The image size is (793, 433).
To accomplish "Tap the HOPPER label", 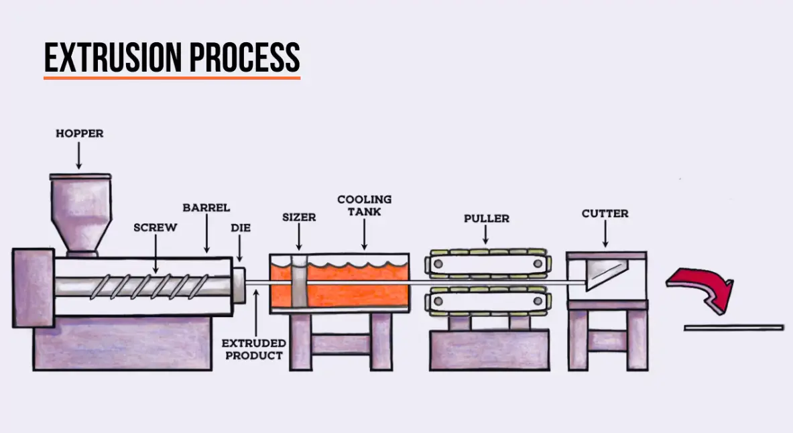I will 79,133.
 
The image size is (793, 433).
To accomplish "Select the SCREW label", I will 156,227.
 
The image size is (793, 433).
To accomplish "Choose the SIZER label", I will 299,217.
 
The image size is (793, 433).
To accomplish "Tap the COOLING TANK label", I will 364,205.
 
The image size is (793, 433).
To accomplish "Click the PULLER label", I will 487,219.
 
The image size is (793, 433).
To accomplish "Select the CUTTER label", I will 605,214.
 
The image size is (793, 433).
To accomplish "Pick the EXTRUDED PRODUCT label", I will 254,349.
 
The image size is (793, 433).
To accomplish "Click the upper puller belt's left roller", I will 438,265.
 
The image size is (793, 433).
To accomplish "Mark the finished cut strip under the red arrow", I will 733,328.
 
